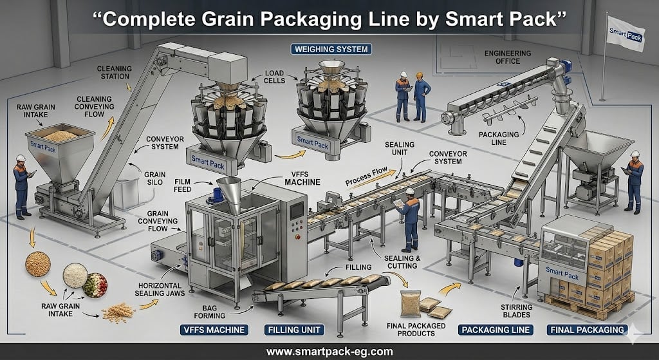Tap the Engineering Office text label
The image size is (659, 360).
pos(508,59)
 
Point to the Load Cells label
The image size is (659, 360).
pos(274,78)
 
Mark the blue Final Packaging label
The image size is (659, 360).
pos(587,330)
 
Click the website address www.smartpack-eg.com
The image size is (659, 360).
pos(329,351)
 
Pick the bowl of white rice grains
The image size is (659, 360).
pos(75,275)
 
